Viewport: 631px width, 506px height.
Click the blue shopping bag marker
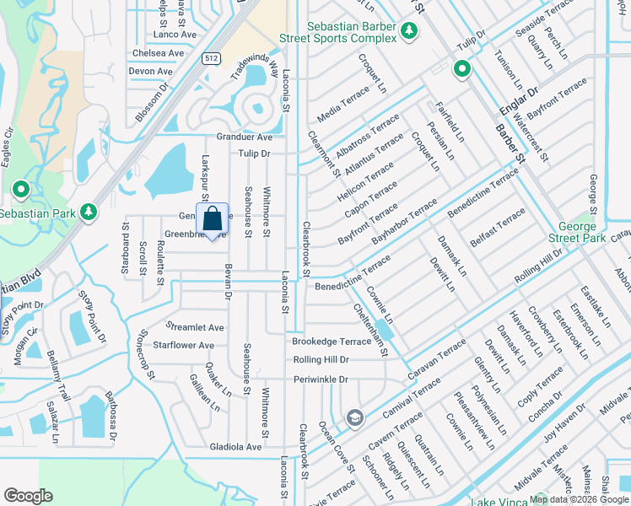pos(213,219)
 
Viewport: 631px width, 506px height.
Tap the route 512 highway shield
pos(211,58)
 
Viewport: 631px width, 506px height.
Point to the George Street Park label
pos(582,233)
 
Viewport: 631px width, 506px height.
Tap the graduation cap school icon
pos(355,417)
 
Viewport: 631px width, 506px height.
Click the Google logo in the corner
pos(28,496)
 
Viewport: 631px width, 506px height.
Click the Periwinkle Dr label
pos(321,379)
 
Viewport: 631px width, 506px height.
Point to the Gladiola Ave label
pos(236,446)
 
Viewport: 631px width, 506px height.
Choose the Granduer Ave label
pos(245,137)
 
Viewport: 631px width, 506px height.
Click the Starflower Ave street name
pos(183,346)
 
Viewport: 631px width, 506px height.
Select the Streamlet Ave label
pos(196,327)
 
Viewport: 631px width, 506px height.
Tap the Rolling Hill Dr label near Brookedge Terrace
pos(321,360)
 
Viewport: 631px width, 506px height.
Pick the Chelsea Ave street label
pos(158,53)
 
